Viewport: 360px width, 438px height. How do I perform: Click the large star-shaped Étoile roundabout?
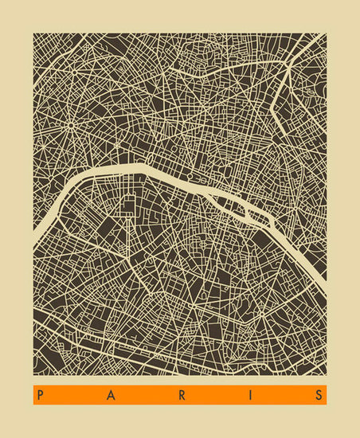tap(70, 125)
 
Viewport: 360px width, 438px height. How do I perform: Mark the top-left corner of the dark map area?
tap(33, 33)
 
